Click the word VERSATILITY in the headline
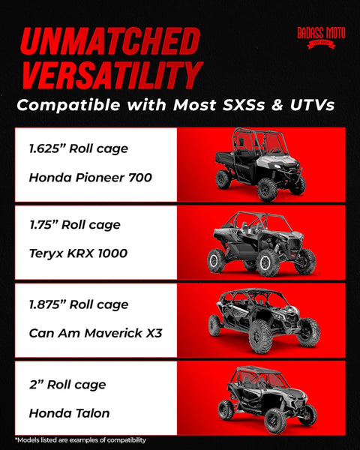coord(110,75)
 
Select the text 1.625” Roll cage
coord(79,148)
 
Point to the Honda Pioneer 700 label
coord(90,178)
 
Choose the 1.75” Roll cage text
coord(75,224)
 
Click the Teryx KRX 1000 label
coord(78,253)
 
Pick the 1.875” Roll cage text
coord(79,304)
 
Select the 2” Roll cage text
coord(67,385)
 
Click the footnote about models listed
coord(80,439)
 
